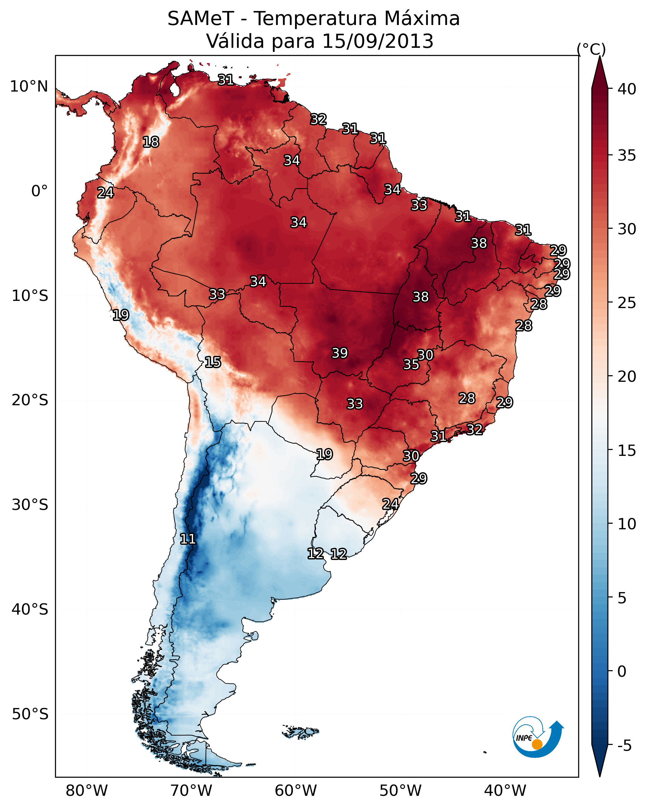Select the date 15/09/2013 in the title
pos(378,41)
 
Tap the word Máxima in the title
pos(421,19)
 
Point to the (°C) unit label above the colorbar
pos(591,49)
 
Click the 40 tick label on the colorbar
pos(627,89)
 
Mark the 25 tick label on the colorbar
pos(627,303)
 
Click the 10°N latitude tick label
pos(29,87)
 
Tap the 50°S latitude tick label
pos(30,714)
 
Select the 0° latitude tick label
pos(39,191)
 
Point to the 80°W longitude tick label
pos(87,791)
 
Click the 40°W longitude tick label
pos(505,791)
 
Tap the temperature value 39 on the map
pos(340,353)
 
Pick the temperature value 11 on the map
pos(188,539)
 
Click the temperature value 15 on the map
pos(213,362)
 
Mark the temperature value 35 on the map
pos(411,364)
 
